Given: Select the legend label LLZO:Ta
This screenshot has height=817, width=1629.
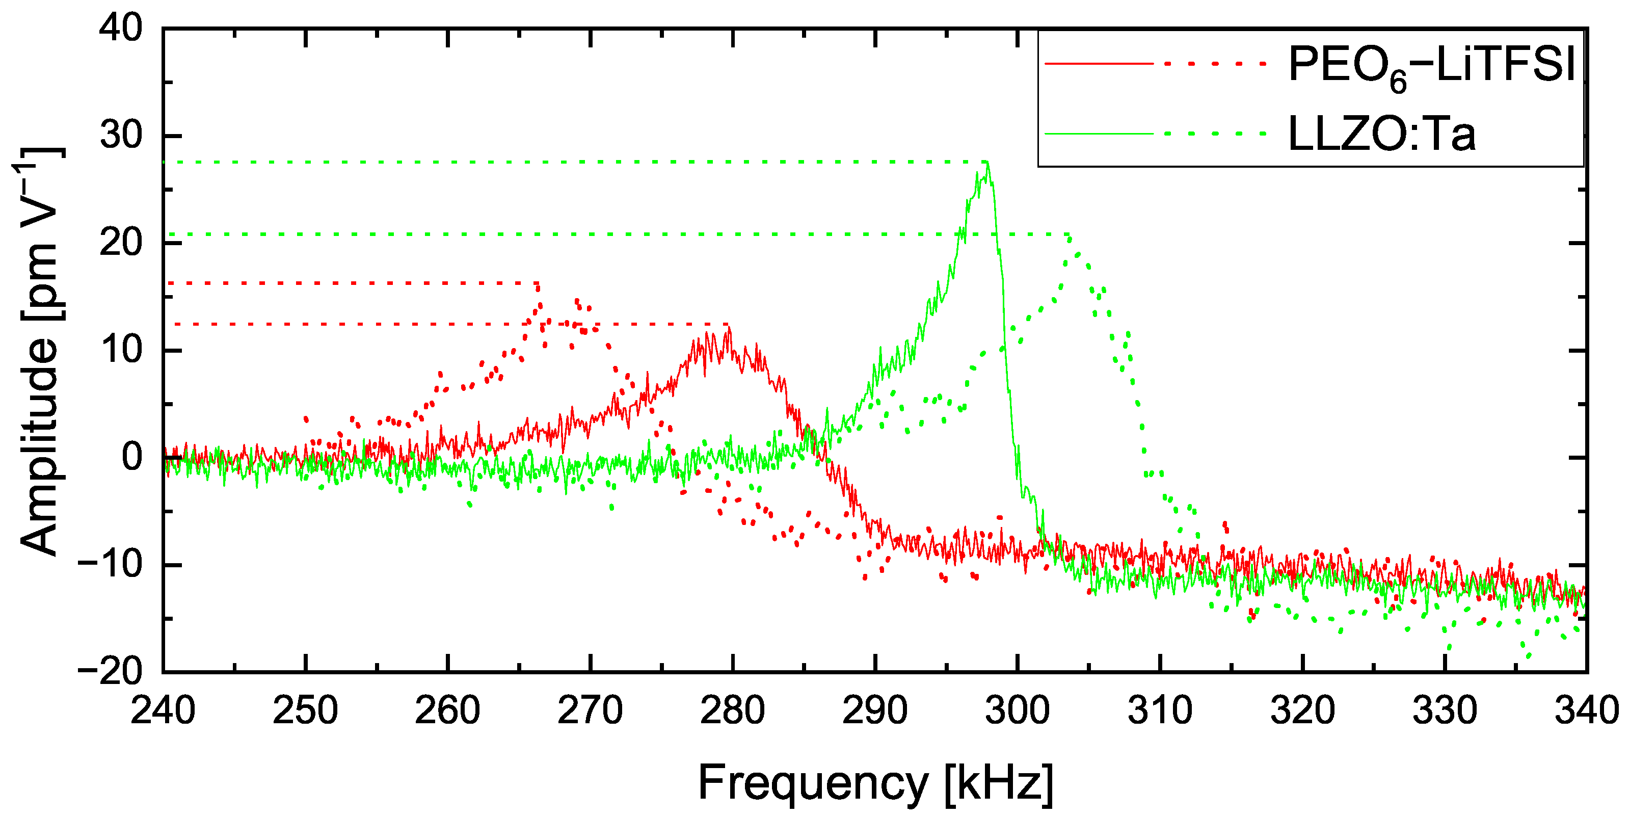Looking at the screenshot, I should click(x=1382, y=134).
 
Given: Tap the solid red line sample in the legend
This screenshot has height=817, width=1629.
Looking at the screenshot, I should click(x=1099, y=64).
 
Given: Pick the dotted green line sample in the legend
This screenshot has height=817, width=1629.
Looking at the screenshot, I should click(x=1214, y=134).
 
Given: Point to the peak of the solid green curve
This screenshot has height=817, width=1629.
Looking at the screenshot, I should click(x=987, y=163).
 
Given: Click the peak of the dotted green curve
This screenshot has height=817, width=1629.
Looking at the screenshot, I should click(x=1069, y=236).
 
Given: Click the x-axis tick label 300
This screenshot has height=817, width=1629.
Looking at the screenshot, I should click(x=1017, y=710).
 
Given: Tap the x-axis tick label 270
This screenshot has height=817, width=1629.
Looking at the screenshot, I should click(x=590, y=710).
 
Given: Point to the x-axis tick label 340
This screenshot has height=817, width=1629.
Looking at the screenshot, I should click(x=1586, y=710).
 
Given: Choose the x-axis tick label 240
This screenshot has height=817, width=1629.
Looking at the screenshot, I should click(x=163, y=710).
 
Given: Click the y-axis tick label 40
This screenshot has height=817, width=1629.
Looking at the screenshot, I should click(x=121, y=29).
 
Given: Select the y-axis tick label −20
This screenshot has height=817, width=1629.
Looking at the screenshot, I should click(x=110, y=672).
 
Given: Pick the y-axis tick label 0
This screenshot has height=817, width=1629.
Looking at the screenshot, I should click(x=132, y=457).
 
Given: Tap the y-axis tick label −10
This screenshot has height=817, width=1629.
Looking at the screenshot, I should click(x=110, y=565).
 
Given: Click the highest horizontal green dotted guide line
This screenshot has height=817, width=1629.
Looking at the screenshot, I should click(x=569, y=163).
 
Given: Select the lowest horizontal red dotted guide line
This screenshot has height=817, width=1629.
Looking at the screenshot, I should click(x=443, y=324).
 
